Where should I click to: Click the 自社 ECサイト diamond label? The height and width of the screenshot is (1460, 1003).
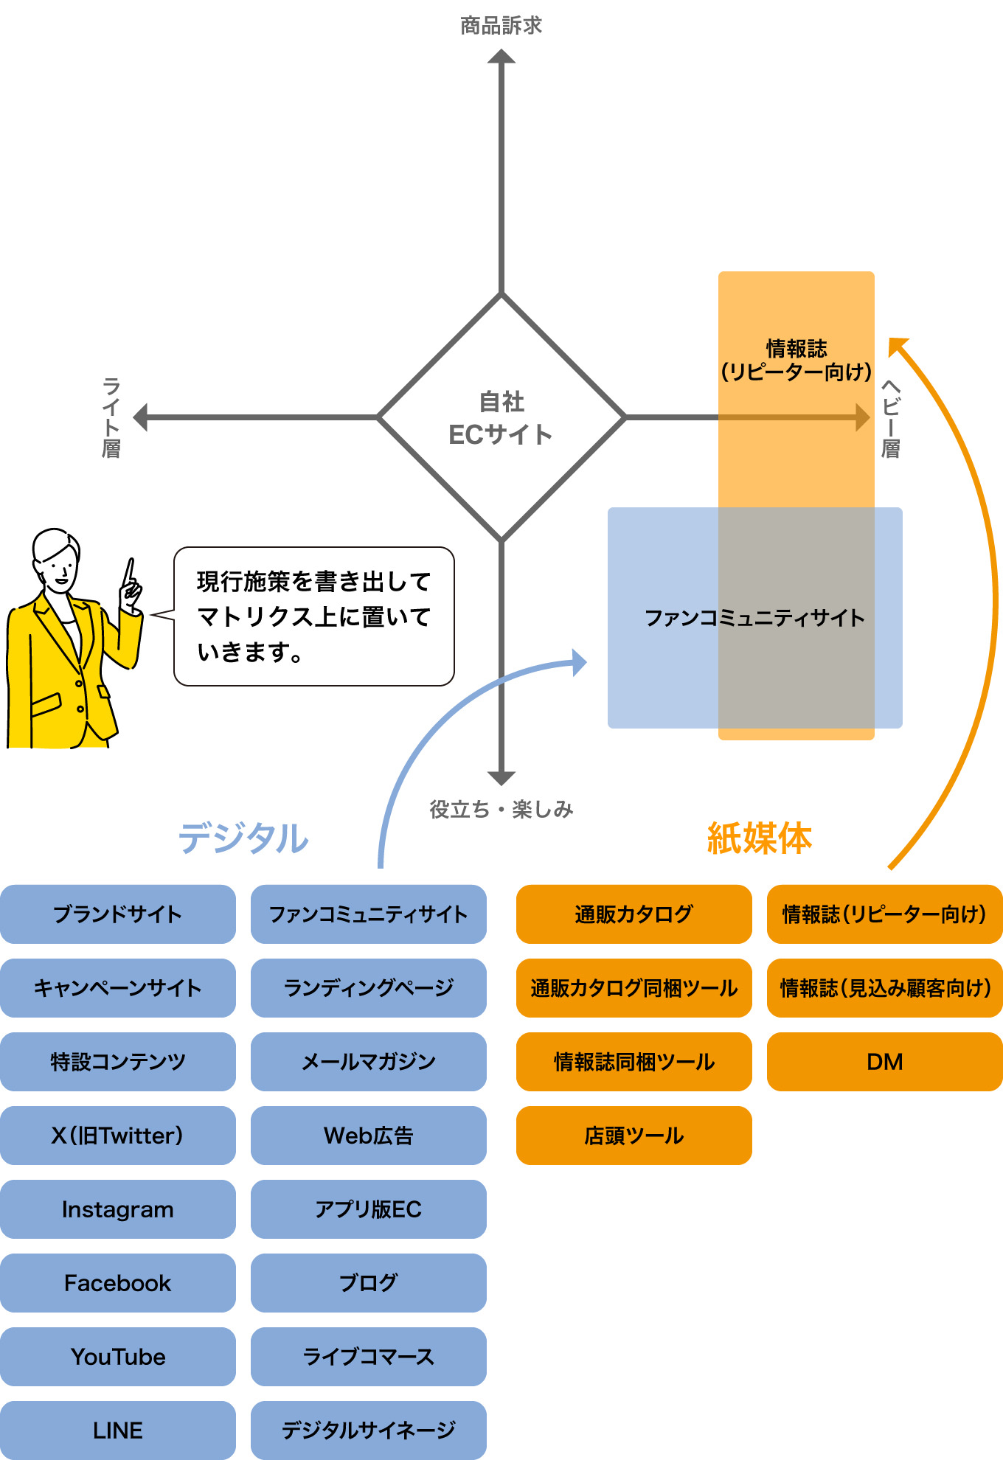pos(501,418)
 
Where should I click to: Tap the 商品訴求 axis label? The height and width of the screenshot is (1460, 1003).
pos(501,26)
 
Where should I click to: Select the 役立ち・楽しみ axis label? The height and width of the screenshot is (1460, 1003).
pos(501,809)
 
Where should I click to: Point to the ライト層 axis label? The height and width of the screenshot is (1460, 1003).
pos(111,417)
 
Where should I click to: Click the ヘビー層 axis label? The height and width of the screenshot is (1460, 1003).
pos(891,419)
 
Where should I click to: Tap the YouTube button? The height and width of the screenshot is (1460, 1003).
pos(118,1356)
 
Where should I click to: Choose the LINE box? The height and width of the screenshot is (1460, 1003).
pos(118,1430)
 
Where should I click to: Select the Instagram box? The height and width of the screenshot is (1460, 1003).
pos(118,1209)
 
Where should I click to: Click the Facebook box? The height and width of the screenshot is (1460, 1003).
pos(118,1282)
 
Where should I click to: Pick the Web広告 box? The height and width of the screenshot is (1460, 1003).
pos(368,1135)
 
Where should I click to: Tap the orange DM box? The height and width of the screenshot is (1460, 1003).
pos(884,1061)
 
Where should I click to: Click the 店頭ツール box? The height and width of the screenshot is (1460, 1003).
pos(634,1135)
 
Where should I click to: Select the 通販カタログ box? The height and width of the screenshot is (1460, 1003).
pos(634,914)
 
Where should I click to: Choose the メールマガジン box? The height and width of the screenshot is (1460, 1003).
pos(368,1061)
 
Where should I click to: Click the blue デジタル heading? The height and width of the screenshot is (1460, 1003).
pos(243,838)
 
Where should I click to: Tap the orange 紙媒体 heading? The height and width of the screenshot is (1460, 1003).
pos(759,838)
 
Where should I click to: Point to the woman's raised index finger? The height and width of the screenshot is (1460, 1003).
pos(130,571)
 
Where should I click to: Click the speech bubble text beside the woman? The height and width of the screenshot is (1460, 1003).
pos(313,616)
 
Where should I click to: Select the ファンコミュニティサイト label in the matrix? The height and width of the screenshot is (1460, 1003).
pos(754,618)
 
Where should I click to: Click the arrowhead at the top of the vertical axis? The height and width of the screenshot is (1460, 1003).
pos(502,57)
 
